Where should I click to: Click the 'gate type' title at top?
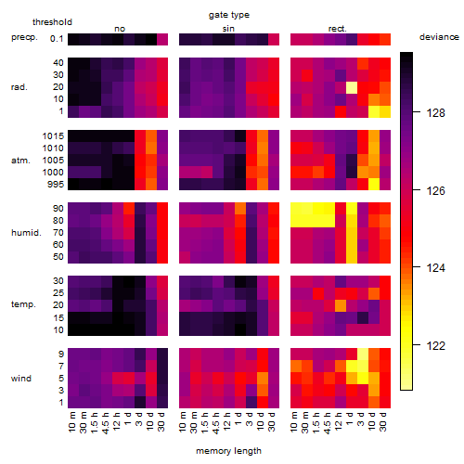(x=229, y=15)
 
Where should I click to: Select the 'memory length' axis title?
(x=228, y=451)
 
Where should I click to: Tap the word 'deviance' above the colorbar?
(x=439, y=37)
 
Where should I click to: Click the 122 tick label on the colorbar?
(x=436, y=345)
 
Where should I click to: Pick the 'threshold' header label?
(x=52, y=22)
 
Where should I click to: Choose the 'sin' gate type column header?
(x=228, y=29)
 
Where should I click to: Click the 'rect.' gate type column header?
(x=338, y=29)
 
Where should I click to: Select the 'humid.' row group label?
(x=26, y=233)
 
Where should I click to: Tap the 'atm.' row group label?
(x=20, y=161)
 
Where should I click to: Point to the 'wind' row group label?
(x=21, y=378)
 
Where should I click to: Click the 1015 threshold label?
(x=53, y=135)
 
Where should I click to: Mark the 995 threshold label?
(x=56, y=185)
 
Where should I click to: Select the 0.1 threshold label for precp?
(x=57, y=39)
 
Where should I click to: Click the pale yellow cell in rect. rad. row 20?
(x=352, y=87)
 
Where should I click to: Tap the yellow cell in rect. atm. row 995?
(x=374, y=185)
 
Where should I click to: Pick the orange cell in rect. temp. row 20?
(x=341, y=305)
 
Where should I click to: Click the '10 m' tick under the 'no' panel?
(x=71, y=421)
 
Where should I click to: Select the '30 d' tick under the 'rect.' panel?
(x=383, y=421)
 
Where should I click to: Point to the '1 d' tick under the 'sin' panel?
(x=238, y=419)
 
